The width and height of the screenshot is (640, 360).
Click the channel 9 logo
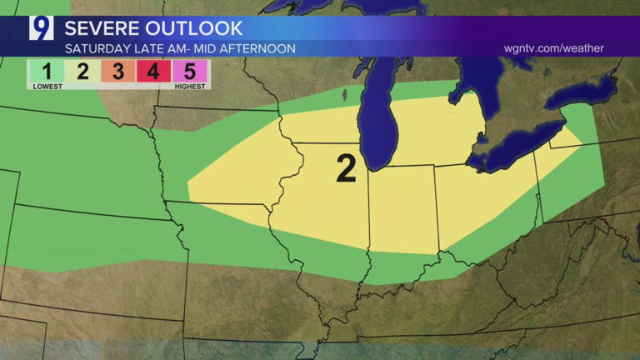tap(41, 28)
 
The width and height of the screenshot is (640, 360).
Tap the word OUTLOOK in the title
tap(201, 28)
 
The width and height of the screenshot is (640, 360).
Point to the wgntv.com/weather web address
tap(554, 48)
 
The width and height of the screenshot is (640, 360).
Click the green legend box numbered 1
tap(47, 71)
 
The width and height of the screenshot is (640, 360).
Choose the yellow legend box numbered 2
tap(82, 71)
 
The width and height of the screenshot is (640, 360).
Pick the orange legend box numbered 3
tap(117, 71)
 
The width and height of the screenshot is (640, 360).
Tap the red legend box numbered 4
tap(153, 71)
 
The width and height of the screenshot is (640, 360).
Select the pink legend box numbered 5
tap(188, 71)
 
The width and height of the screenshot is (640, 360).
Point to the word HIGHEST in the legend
tap(190, 86)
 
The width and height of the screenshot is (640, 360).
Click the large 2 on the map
tap(346, 168)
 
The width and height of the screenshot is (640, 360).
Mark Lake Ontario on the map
tap(583, 92)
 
